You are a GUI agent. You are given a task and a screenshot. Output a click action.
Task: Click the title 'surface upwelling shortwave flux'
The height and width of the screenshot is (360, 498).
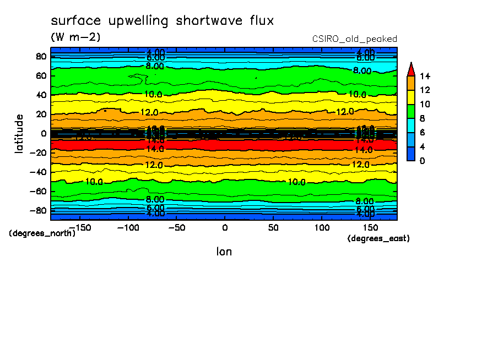(162, 21)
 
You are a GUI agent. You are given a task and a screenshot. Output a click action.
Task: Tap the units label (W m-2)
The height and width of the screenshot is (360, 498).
(75, 37)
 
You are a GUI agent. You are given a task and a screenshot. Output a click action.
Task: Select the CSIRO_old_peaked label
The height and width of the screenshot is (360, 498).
(354, 39)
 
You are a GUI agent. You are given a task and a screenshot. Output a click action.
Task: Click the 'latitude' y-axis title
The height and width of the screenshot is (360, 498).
(20, 133)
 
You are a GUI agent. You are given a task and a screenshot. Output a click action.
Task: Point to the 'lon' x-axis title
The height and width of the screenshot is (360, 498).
(224, 252)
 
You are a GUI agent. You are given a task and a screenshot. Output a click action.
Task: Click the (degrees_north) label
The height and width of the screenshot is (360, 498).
(42, 233)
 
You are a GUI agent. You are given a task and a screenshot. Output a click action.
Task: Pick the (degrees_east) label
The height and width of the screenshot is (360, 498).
(378, 238)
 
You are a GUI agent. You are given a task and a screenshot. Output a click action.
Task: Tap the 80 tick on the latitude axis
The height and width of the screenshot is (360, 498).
(41, 56)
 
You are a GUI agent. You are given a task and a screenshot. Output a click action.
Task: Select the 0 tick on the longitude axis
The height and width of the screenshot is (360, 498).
(224, 227)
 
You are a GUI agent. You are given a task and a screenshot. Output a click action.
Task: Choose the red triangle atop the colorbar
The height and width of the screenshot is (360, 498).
(410, 69)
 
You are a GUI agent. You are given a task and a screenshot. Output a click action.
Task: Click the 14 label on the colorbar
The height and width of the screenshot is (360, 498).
(424, 76)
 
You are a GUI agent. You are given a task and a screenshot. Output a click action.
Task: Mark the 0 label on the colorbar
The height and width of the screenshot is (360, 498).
(422, 161)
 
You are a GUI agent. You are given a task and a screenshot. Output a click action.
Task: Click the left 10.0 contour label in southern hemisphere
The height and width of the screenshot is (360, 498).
(94, 182)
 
